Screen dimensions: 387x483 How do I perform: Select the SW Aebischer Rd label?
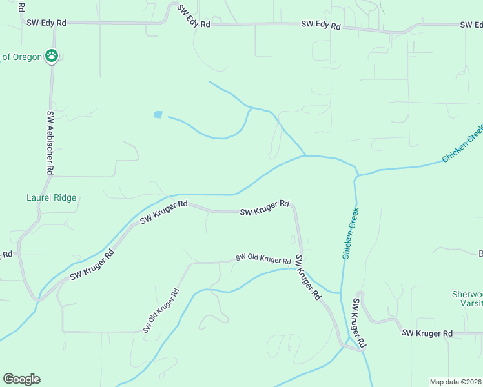[50, 143]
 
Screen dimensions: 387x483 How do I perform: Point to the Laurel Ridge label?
[51, 198]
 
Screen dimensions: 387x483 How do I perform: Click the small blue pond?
[158, 115]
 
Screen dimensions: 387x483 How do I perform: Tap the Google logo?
[21, 379]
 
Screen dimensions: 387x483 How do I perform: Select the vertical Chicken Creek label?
[351, 233]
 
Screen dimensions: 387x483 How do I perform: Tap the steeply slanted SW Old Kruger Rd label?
[161, 310]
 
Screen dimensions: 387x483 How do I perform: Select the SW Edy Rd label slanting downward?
[194, 16]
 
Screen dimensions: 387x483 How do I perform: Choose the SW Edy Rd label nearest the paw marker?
[46, 22]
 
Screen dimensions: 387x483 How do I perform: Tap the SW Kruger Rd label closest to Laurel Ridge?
[92, 264]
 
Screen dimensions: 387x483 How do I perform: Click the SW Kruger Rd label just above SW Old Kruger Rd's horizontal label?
[264, 208]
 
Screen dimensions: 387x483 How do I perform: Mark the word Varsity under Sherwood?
[468, 304]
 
